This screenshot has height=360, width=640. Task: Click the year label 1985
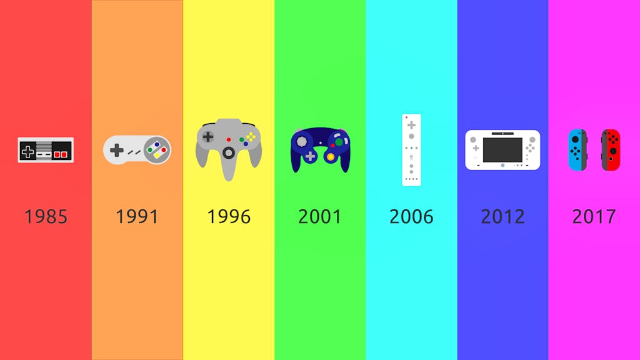[x=46, y=217]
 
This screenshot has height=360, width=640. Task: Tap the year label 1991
[x=137, y=217]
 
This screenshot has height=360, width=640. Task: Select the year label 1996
[x=229, y=217]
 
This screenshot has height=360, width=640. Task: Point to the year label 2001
[x=320, y=217]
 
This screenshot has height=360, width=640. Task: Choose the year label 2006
[x=411, y=217]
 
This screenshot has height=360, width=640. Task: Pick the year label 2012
[x=503, y=217]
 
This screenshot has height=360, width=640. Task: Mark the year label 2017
[x=594, y=217]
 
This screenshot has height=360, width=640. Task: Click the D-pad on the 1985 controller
[x=27, y=152]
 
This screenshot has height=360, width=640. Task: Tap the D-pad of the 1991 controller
[x=117, y=150]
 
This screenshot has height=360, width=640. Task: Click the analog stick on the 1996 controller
[x=229, y=153]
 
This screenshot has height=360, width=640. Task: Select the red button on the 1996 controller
[x=229, y=139]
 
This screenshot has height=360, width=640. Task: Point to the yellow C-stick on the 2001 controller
[x=331, y=157]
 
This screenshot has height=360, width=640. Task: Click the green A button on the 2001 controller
[x=339, y=142]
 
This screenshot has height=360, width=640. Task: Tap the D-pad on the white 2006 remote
[x=411, y=125]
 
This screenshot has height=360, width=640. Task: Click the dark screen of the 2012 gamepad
[x=502, y=150]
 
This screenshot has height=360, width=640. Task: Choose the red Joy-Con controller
[x=611, y=150]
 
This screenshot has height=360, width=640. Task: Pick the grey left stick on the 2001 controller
[x=302, y=141]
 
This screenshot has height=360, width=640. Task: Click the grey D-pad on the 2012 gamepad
[x=476, y=148]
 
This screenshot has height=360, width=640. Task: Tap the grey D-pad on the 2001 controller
[x=311, y=156]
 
